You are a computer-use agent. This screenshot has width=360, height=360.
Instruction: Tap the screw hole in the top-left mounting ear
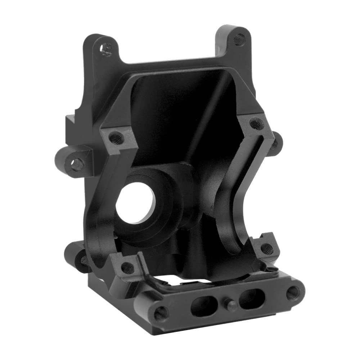point(106,49)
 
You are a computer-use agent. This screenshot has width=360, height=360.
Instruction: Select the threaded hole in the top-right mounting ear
point(239,39)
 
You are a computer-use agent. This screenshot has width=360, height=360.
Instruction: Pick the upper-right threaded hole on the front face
point(256,125)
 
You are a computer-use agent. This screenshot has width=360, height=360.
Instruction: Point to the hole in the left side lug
point(77,165)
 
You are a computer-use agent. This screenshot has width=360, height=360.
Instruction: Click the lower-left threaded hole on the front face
point(127,267)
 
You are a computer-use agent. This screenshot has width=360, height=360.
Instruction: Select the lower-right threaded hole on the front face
point(267,248)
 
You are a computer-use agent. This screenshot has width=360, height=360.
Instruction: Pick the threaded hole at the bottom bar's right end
point(293,293)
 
